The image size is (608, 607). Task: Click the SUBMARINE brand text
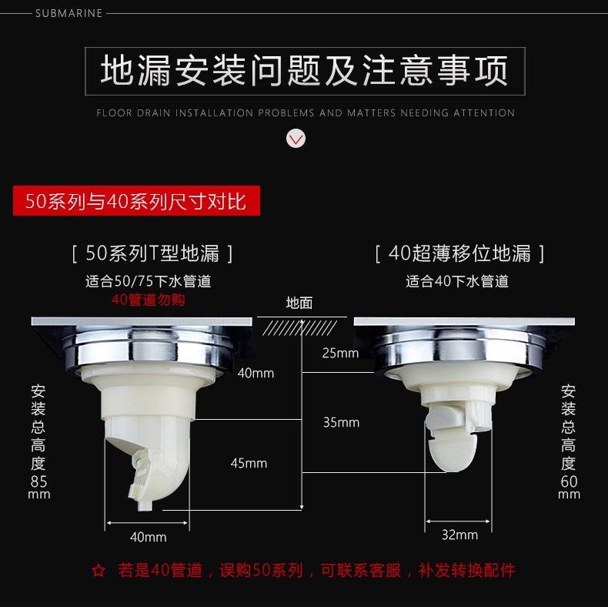(x=69, y=13)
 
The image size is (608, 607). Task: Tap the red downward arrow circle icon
(x=296, y=139)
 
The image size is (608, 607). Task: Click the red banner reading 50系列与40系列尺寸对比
(x=136, y=200)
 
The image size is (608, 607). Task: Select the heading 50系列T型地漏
(x=152, y=253)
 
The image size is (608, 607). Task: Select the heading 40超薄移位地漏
(x=459, y=253)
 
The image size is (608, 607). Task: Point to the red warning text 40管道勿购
(x=148, y=300)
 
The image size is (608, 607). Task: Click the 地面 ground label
(x=299, y=303)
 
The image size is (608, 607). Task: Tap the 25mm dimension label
(x=340, y=353)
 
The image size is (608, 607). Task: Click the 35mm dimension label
(x=341, y=422)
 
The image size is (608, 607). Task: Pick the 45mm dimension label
(x=249, y=463)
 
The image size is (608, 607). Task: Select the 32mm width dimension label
(x=460, y=535)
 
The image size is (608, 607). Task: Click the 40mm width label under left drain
(x=148, y=537)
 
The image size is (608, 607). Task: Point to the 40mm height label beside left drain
(x=256, y=373)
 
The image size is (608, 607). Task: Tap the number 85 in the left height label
(x=38, y=481)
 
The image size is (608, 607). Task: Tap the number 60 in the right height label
(x=570, y=481)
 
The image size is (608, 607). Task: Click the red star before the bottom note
(x=99, y=571)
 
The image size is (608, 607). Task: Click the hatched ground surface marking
(x=299, y=328)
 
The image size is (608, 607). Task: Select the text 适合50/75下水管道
(x=148, y=281)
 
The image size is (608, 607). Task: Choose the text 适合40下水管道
(x=457, y=281)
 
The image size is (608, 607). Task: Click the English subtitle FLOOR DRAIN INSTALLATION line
(x=306, y=113)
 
